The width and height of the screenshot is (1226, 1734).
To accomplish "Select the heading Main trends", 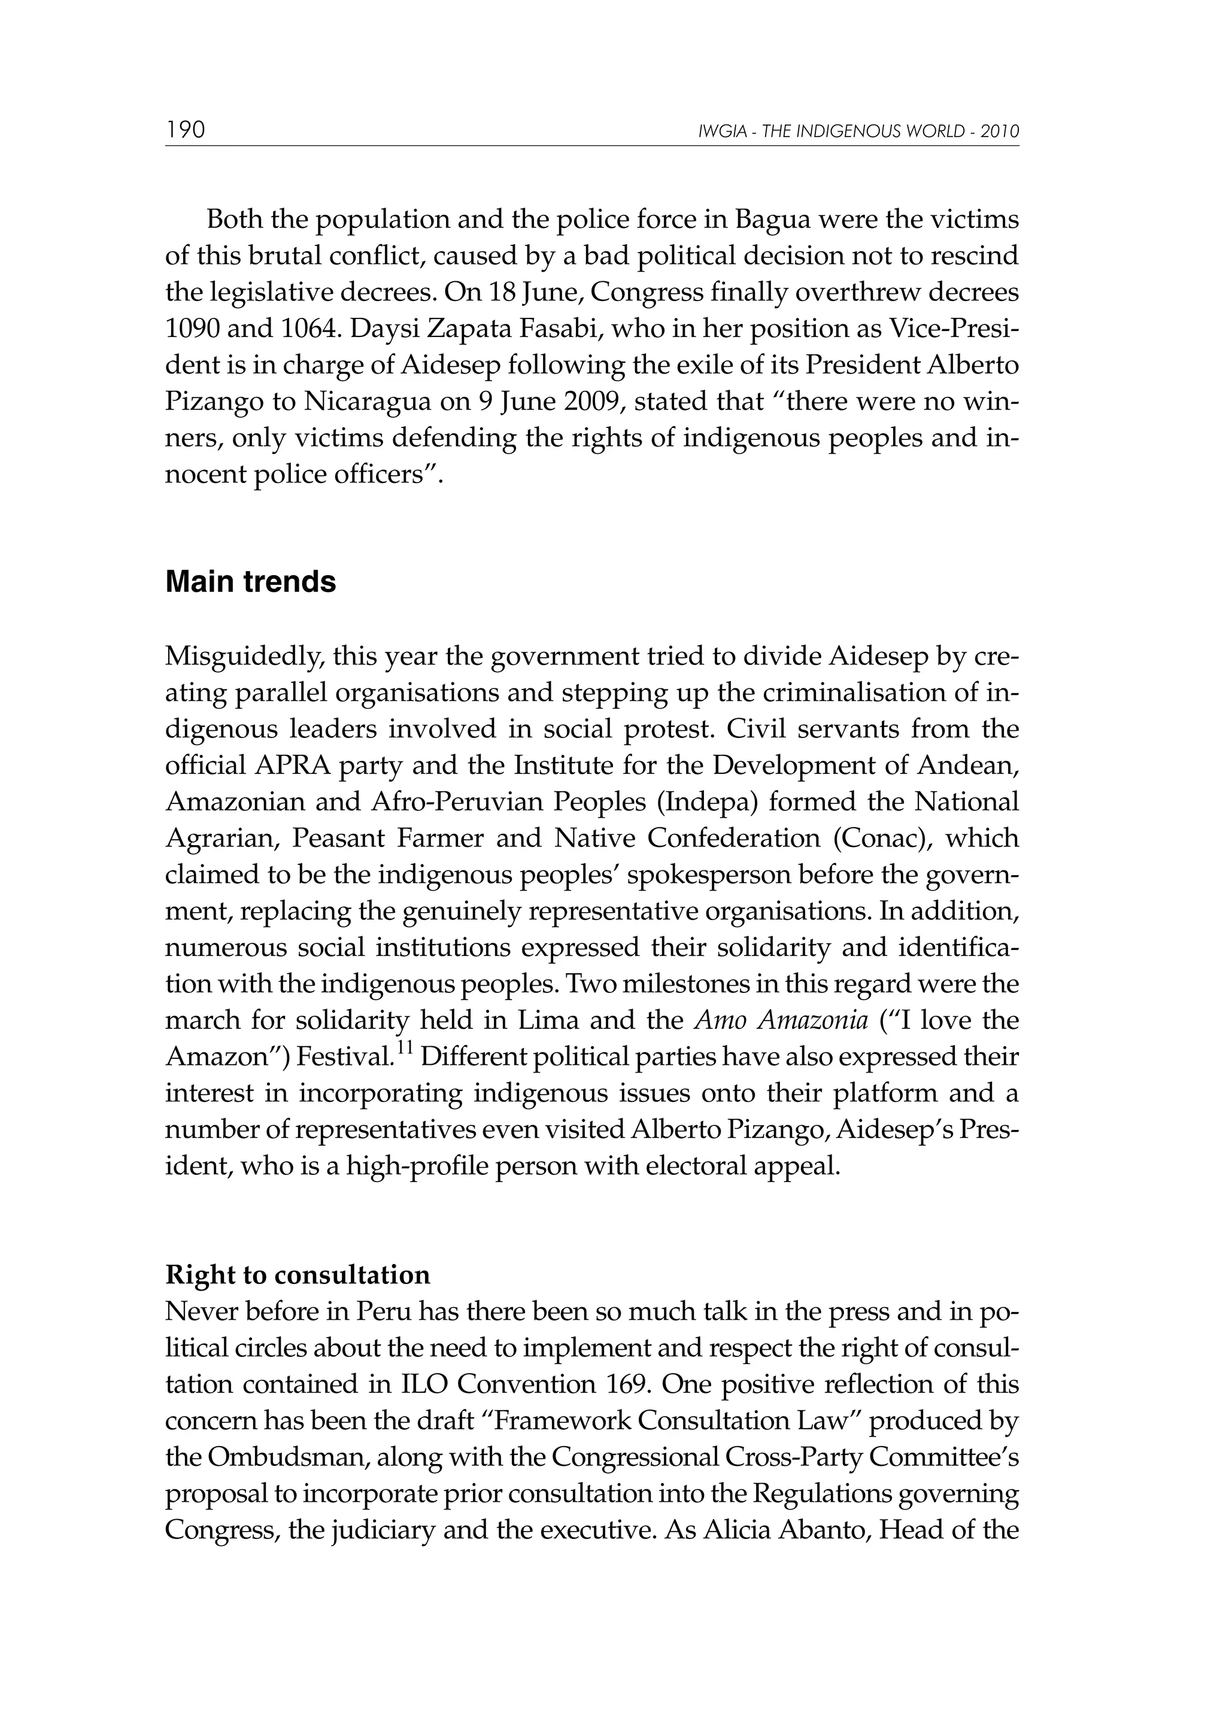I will tap(250, 582).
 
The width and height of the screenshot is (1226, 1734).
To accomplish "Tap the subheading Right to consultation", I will tap(298, 1275).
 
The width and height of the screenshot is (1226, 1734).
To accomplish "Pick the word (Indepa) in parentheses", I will tap(707, 801).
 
